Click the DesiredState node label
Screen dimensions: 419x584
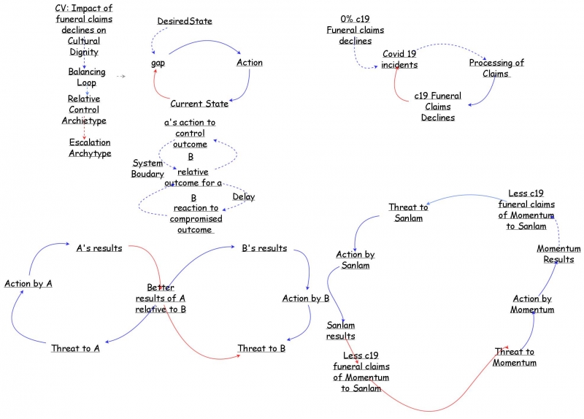click(x=185, y=21)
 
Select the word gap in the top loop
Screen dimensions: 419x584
click(x=158, y=63)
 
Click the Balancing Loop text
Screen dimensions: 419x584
click(x=87, y=77)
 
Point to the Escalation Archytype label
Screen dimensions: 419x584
click(x=90, y=147)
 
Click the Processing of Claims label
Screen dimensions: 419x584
click(x=496, y=68)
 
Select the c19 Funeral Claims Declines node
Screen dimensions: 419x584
click(x=438, y=107)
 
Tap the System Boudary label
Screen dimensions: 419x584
click(x=147, y=169)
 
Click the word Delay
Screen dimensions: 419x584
click(x=244, y=197)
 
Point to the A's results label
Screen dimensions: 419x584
click(x=99, y=248)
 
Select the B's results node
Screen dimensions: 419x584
click(x=264, y=248)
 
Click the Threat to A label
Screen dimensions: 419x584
click(x=75, y=348)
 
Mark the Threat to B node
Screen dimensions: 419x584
click(x=261, y=348)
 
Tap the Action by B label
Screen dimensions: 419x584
click(x=307, y=298)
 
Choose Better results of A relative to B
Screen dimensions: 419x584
click(x=161, y=298)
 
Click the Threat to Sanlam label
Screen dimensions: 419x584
click(x=408, y=212)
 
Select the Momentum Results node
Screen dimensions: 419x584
click(x=558, y=254)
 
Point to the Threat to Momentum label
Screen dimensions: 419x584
click(x=515, y=357)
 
